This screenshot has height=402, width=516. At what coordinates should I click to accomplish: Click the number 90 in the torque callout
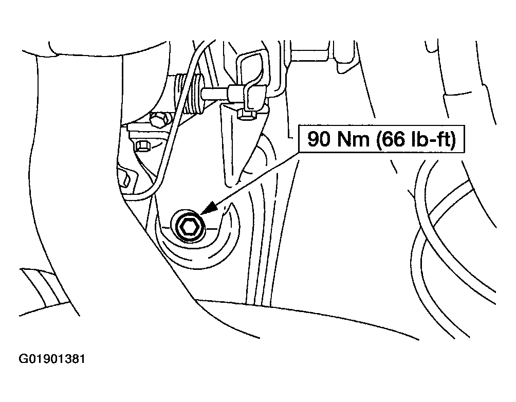click(x=319, y=139)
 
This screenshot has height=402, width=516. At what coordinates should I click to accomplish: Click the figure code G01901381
click(x=52, y=358)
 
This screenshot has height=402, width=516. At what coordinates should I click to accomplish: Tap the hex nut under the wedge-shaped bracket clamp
click(x=246, y=114)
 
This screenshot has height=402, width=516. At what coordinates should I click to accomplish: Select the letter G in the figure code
click(x=23, y=358)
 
